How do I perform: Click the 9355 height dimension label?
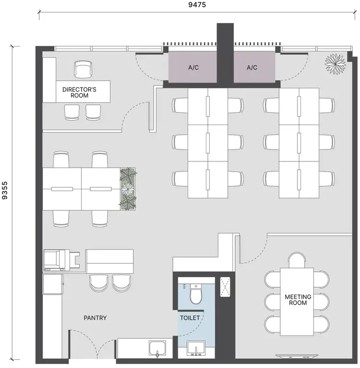5,201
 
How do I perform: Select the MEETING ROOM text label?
298,300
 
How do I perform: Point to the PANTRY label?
95,318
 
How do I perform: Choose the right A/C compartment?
252,68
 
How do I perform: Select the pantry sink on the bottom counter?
158,349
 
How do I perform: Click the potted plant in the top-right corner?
335,63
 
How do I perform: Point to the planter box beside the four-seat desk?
128,189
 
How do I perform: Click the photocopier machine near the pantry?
55,260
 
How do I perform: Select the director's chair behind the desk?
83,69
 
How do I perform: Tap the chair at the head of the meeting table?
297,260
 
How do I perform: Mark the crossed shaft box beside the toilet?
225,286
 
